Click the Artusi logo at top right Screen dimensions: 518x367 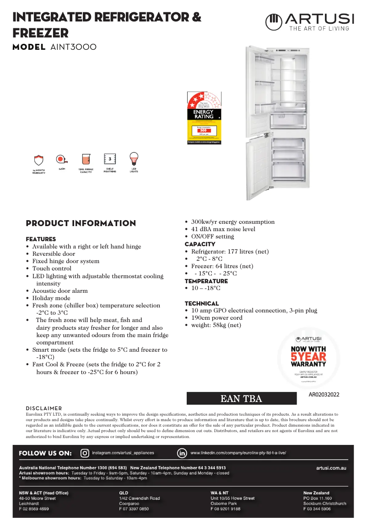click(x=309, y=21)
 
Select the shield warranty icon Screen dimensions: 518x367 click(x=39, y=160)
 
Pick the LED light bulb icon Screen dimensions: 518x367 click(x=134, y=159)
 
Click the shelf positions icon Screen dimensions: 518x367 click(x=110, y=159)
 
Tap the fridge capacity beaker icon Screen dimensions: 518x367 click(x=86, y=159)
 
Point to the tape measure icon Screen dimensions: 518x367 click(x=61, y=159)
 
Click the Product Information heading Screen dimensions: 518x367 click(x=81, y=223)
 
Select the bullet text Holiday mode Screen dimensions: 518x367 click(x=51, y=298)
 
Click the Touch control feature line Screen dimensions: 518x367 click(x=52, y=269)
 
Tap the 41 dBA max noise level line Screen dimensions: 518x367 click(x=223, y=229)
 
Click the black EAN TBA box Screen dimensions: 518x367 click(x=241, y=399)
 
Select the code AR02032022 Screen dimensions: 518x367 click(x=324, y=394)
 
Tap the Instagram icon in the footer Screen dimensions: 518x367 click(x=85, y=453)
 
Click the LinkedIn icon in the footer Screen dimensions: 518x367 click(x=182, y=453)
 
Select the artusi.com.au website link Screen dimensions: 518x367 click(x=331, y=468)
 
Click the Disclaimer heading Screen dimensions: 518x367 click(x=44, y=408)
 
